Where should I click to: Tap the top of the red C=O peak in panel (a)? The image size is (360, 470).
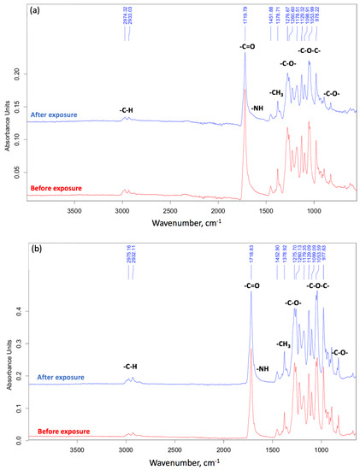[x=245, y=89]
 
